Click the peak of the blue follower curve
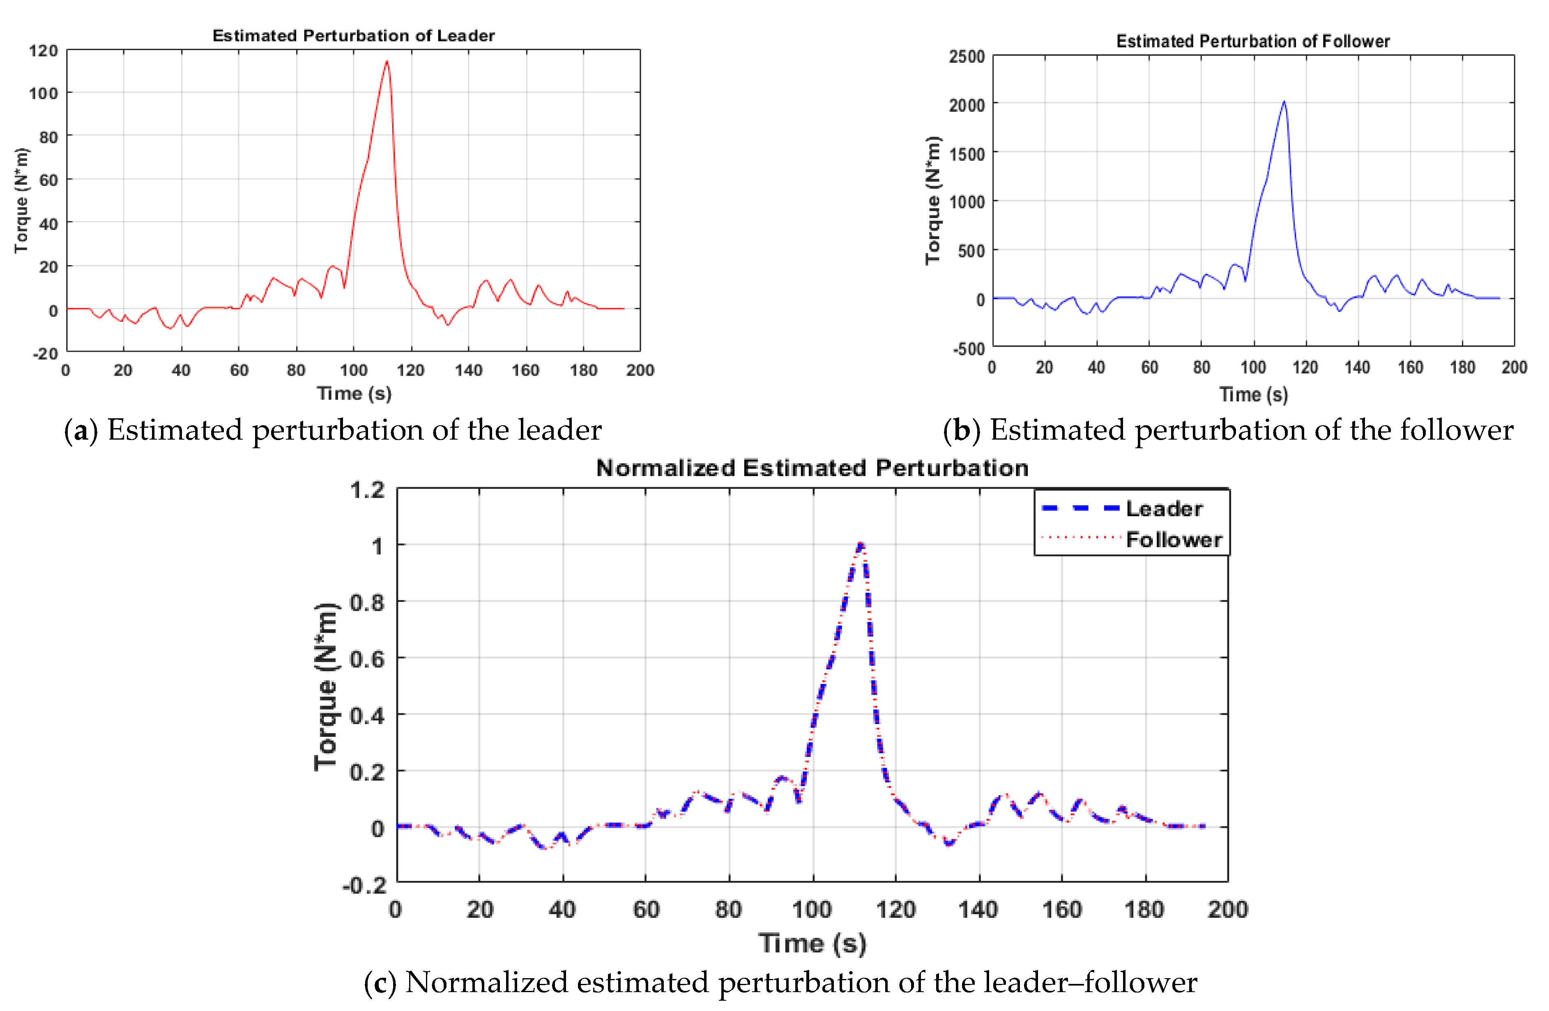[x=1284, y=101]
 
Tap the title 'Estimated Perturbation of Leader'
[x=353, y=36]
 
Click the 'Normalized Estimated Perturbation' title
[x=812, y=468]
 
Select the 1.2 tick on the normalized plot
[x=367, y=490]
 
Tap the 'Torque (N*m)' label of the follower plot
[x=933, y=200]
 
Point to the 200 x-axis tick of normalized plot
[x=1227, y=909]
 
